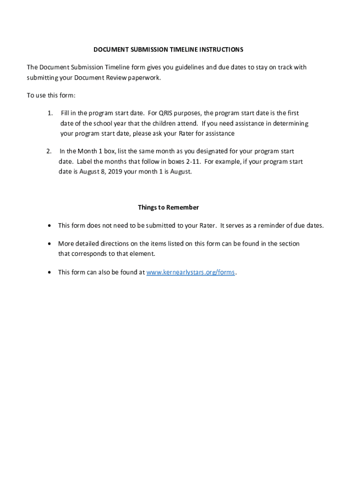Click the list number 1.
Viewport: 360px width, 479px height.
coord(50,113)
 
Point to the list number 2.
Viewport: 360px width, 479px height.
coord(49,151)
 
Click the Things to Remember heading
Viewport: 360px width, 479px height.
coord(168,207)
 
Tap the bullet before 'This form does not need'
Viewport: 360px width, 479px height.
coord(50,226)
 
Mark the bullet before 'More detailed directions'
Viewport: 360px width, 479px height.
coord(50,244)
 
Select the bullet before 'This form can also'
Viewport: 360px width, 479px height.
coord(50,273)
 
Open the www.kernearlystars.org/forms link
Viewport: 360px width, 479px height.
coord(191,272)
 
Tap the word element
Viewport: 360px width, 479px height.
coord(141,254)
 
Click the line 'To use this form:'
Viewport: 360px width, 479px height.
coord(51,95)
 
